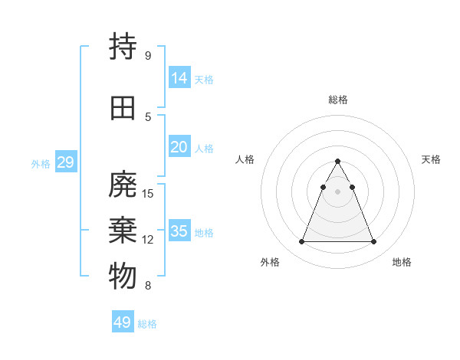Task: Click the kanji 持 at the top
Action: point(123,47)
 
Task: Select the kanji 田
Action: point(123,108)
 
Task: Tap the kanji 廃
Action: point(123,184)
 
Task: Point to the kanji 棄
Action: point(123,231)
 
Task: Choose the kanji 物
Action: point(123,277)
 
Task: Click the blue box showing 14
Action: point(179,78)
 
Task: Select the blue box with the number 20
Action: point(179,147)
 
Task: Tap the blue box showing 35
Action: point(179,231)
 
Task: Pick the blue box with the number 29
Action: point(65,162)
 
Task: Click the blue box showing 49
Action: point(123,322)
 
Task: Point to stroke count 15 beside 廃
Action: point(149,194)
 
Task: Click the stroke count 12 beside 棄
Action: point(149,240)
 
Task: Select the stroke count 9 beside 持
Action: point(148,56)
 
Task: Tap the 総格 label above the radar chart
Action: point(338,100)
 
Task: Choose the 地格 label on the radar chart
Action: point(402,262)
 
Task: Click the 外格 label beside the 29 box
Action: point(41,163)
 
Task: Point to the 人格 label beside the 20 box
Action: point(204,149)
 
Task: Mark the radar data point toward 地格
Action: point(373,242)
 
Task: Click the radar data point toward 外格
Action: point(301,242)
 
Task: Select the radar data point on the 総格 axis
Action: point(337,162)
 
